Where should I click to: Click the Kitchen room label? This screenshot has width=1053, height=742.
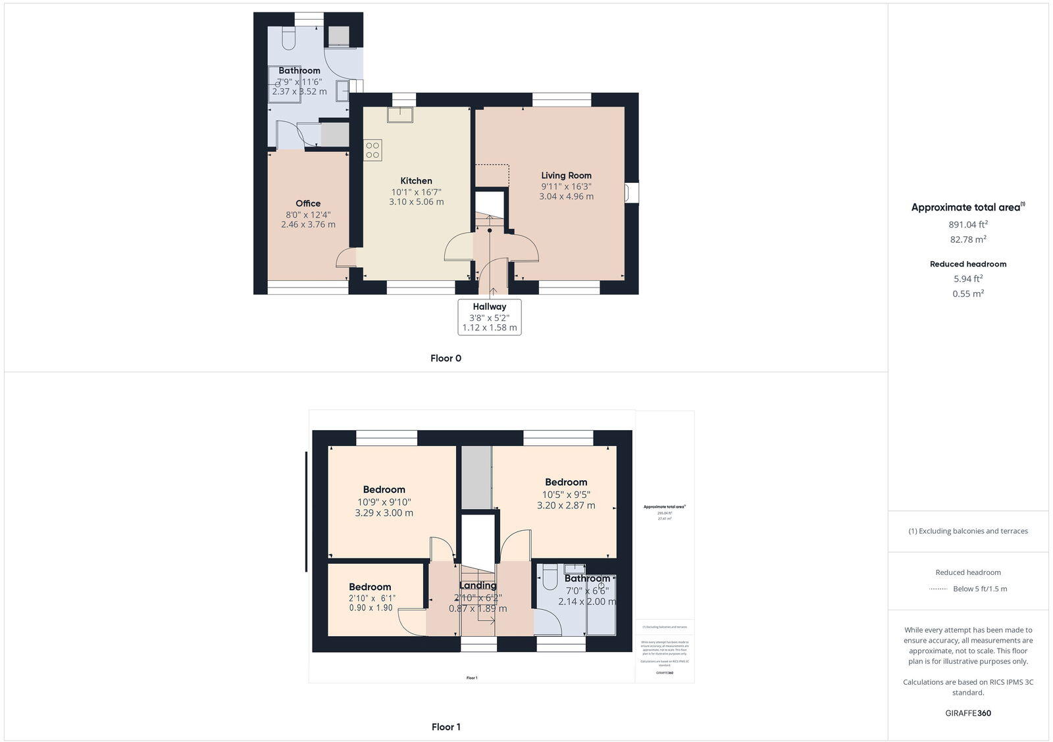[416, 181]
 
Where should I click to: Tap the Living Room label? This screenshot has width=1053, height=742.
[566, 176]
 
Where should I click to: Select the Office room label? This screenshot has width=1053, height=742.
[308, 203]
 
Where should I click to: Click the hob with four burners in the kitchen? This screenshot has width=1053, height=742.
[372, 150]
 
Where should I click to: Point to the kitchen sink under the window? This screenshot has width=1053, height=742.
[400, 115]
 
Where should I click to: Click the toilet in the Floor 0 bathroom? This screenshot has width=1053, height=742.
[288, 39]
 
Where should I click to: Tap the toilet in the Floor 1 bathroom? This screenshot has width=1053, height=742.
[551, 577]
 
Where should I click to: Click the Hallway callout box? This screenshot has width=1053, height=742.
[490, 317]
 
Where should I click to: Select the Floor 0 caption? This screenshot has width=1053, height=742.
[446, 359]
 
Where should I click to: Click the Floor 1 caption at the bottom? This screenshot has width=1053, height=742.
[446, 727]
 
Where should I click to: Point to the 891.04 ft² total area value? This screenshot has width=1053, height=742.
[967, 224]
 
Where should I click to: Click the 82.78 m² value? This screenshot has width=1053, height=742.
[967, 239]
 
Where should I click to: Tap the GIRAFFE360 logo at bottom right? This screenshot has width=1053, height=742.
[967, 713]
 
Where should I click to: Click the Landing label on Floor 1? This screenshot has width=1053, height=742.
[478, 585]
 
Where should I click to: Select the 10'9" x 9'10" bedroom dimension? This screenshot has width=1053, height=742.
[384, 502]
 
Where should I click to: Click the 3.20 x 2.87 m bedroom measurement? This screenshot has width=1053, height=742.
[566, 505]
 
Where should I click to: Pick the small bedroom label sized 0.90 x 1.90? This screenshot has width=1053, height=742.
[370, 587]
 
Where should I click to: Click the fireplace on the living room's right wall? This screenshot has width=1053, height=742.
[630, 193]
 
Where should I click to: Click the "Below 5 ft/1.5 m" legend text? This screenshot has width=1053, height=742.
[979, 589]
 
